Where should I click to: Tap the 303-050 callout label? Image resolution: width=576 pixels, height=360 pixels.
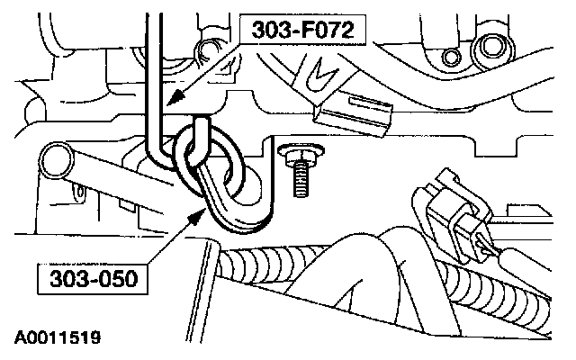(x=86, y=279)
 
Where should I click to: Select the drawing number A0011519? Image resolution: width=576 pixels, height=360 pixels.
(x=57, y=339)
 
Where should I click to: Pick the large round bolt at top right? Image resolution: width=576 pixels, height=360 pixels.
(x=491, y=45)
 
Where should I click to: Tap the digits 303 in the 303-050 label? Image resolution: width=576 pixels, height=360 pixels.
(x=67, y=279)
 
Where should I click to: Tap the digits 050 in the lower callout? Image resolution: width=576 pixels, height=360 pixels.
(x=110, y=279)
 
